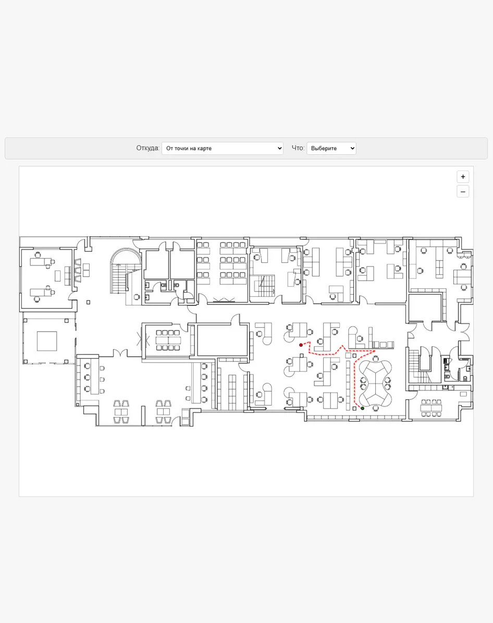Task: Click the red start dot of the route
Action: pos(301,345)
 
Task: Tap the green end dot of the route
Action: pos(362,408)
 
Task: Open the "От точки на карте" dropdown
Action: pos(223,148)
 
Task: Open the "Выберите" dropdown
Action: pos(331,148)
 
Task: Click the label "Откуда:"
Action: pos(148,148)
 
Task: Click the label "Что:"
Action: pos(298,148)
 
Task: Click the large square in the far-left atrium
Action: pos(47,341)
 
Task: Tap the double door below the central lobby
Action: pos(120,353)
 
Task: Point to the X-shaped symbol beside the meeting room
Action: pos(143,340)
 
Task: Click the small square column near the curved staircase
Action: pos(88,302)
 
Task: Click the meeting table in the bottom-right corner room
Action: pos(431,408)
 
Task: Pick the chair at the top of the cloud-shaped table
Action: pos(375,359)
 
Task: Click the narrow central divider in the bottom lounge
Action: pos(143,416)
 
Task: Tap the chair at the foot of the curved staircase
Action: pos(137,297)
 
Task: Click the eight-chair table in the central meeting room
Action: pos(168,340)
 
